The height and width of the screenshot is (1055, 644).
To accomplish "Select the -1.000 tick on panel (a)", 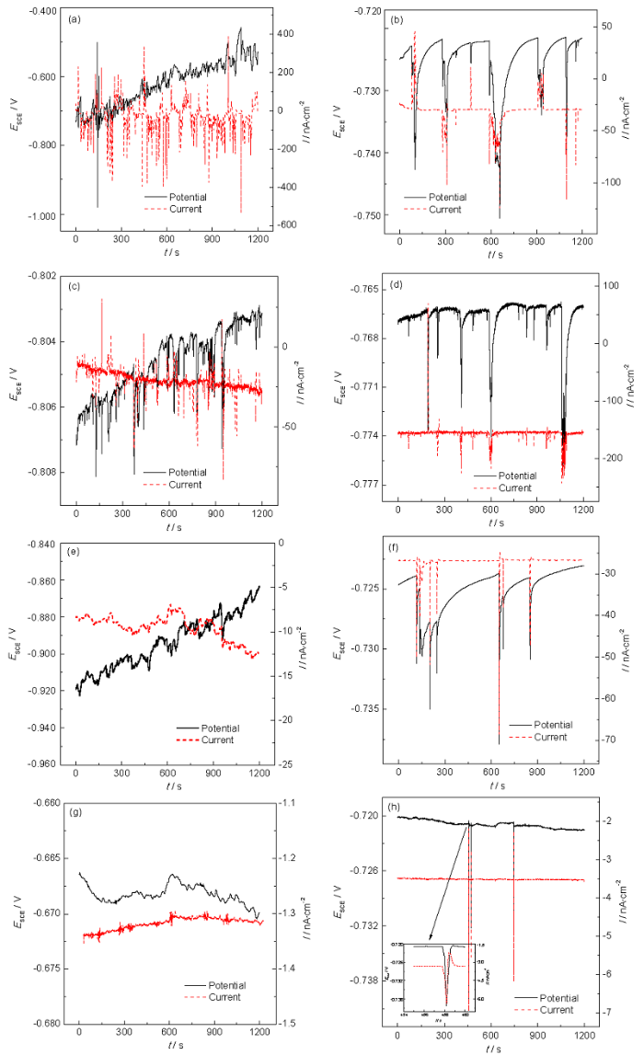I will tap(39, 215).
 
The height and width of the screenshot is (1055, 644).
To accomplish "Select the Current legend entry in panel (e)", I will tap(218, 740).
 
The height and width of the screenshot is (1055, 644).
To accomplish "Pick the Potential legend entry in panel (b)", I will tap(446, 197).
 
